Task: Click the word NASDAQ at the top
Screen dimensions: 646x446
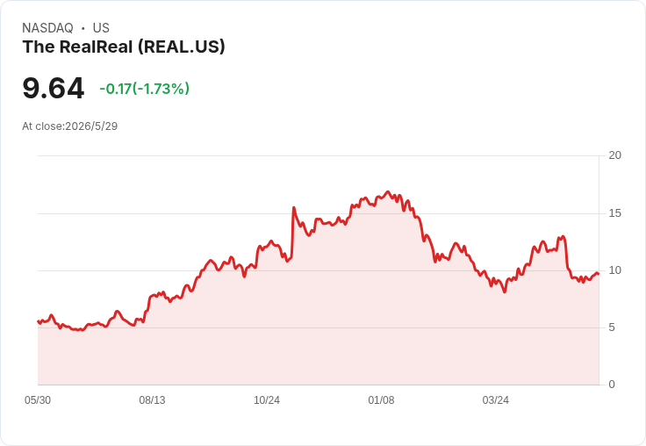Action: (x=47, y=28)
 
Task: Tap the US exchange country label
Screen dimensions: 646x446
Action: (x=101, y=28)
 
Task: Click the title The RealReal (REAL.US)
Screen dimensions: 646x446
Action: (x=124, y=47)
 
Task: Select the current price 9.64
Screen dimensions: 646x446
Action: (x=54, y=88)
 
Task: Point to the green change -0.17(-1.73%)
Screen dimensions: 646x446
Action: (x=144, y=89)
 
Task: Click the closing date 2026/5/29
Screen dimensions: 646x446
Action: (x=91, y=126)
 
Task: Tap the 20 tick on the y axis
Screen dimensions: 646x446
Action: (x=614, y=155)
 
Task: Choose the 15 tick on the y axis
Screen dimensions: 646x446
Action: (x=614, y=213)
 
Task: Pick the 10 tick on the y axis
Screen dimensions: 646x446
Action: (x=614, y=270)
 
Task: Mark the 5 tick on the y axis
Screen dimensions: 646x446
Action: (x=612, y=327)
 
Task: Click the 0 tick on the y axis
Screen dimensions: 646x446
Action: (x=612, y=385)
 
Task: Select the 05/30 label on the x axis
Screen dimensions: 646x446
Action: (x=38, y=400)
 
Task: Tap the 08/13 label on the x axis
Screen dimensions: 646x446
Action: (x=152, y=400)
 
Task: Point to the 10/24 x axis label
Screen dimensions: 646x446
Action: (x=267, y=400)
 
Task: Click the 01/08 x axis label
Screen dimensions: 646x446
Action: (x=381, y=400)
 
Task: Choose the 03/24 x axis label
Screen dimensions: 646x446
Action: (x=496, y=400)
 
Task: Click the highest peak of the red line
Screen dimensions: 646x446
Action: (x=387, y=191)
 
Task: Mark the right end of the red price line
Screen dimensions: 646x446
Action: (x=599, y=274)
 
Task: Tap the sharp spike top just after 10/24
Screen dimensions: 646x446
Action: (x=293, y=207)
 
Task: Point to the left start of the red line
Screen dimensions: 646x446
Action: (x=38, y=321)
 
